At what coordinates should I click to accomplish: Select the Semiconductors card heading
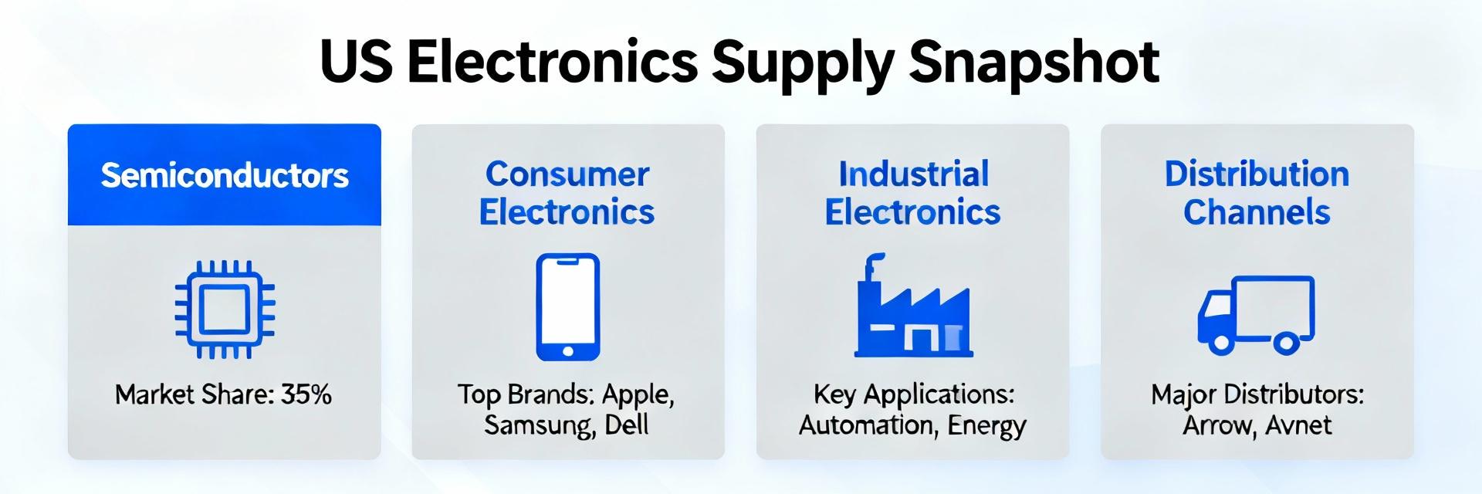(x=225, y=176)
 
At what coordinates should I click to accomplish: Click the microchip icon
(x=225, y=310)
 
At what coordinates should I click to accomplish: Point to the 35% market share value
(x=306, y=394)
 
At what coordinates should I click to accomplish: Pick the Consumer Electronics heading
(x=567, y=193)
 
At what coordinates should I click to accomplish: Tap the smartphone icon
(x=568, y=306)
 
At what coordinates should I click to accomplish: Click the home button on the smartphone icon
(x=568, y=351)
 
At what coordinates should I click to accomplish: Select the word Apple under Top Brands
(x=637, y=394)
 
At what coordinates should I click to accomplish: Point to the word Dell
(x=627, y=425)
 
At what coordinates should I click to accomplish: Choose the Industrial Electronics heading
(x=913, y=193)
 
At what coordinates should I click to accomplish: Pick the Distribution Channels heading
(x=1257, y=193)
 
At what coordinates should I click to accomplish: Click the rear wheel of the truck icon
(x=1285, y=342)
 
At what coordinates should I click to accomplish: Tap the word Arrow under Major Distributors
(x=1218, y=425)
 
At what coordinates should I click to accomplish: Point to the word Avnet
(x=1301, y=425)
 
